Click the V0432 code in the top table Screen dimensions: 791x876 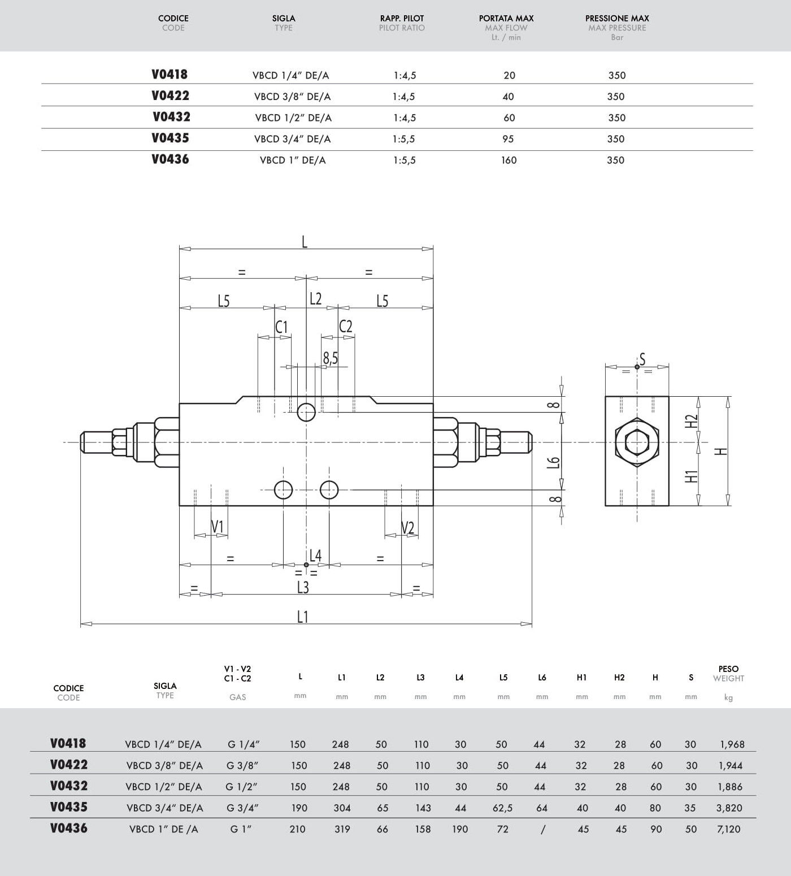(171, 117)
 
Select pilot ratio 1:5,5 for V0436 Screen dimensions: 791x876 (404, 161)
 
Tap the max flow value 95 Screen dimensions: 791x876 (508, 139)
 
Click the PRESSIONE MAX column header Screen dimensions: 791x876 (617, 18)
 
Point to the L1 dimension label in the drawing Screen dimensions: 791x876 (303, 616)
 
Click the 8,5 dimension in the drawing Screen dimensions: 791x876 (331, 358)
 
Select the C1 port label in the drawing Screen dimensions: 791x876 (281, 327)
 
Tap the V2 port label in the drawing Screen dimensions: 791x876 (407, 528)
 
